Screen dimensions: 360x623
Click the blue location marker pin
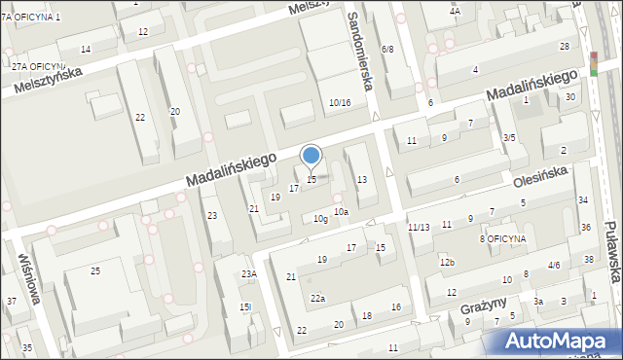[311, 156]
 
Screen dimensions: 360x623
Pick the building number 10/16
[340, 103]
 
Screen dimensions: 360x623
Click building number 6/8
[387, 49]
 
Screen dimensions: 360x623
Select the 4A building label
[455, 11]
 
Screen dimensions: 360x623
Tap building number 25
[95, 270]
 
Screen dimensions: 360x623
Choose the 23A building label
[248, 274]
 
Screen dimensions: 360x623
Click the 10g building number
[320, 219]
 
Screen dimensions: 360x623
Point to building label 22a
[317, 298]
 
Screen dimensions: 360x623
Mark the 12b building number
[447, 263]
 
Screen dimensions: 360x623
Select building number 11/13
[419, 227]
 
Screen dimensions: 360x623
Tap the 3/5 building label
[508, 138]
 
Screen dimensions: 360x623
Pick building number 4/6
[554, 265]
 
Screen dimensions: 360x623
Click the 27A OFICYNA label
[38, 66]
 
